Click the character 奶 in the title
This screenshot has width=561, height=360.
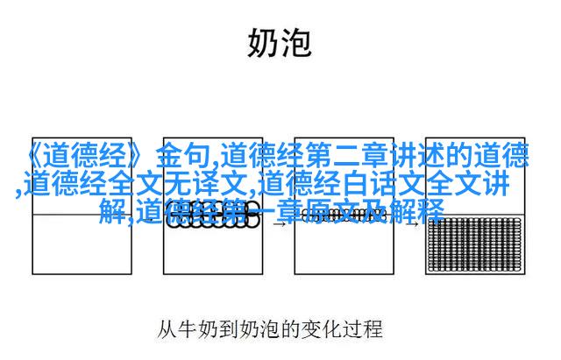[262, 43]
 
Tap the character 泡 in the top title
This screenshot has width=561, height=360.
[295, 43]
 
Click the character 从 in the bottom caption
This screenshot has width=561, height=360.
[167, 328]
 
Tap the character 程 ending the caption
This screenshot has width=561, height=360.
[373, 328]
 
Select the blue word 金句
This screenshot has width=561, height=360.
[183, 156]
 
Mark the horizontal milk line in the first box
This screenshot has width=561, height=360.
[82, 215]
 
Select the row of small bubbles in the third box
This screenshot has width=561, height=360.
[344, 215]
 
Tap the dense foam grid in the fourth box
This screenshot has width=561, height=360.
[475, 244]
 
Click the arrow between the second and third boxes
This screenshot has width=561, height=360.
[279, 224]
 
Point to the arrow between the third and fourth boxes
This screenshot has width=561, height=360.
[411, 224]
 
